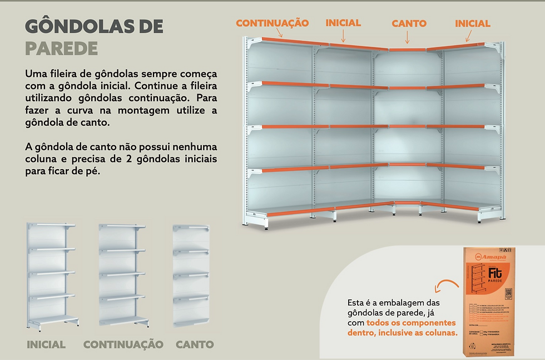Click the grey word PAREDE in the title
click(x=61, y=48)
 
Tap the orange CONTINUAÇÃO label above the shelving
click(x=272, y=23)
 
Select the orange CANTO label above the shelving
click(x=409, y=23)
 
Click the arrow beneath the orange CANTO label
click(x=408, y=37)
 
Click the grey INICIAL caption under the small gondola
click(x=46, y=344)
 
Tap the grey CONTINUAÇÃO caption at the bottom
click(x=123, y=344)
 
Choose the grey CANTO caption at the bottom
click(x=195, y=344)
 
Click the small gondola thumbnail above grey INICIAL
click(x=52, y=275)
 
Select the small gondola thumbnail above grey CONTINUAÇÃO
click(x=123, y=275)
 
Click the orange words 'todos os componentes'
click(x=411, y=323)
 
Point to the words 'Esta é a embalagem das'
click(x=393, y=302)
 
